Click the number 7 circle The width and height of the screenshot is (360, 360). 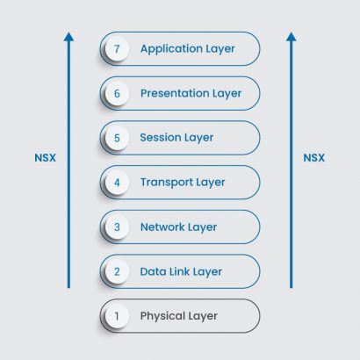pyautogui.click(x=117, y=49)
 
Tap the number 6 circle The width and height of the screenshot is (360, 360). pyautogui.click(x=117, y=93)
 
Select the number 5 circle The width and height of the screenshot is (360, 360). pyautogui.click(x=117, y=138)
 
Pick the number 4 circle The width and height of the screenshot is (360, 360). pyautogui.click(x=117, y=183)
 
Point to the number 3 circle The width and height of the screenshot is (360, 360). pyautogui.click(x=117, y=227)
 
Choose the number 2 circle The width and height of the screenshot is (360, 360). pyautogui.click(x=117, y=272)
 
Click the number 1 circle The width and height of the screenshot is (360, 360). pyautogui.click(x=117, y=316)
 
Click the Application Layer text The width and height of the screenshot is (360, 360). pyautogui.click(x=187, y=49)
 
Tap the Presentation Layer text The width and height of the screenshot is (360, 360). pyautogui.click(x=191, y=93)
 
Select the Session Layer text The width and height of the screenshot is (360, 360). pyautogui.click(x=176, y=138)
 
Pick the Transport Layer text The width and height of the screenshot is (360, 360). pyautogui.click(x=183, y=183)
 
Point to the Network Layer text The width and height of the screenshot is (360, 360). pyautogui.click(x=178, y=227)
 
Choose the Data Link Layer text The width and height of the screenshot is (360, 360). pyautogui.click(x=181, y=272)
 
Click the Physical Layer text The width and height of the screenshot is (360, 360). pyautogui.click(x=178, y=316)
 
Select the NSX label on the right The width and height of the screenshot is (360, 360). pyautogui.click(x=313, y=158)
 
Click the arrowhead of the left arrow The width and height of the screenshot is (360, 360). pyautogui.click(x=68, y=37)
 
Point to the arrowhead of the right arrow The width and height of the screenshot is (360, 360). pyautogui.click(x=292, y=37)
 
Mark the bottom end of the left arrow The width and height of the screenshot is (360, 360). pyautogui.click(x=68, y=286)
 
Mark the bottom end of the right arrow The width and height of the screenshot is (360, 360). pyautogui.click(x=292, y=286)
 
